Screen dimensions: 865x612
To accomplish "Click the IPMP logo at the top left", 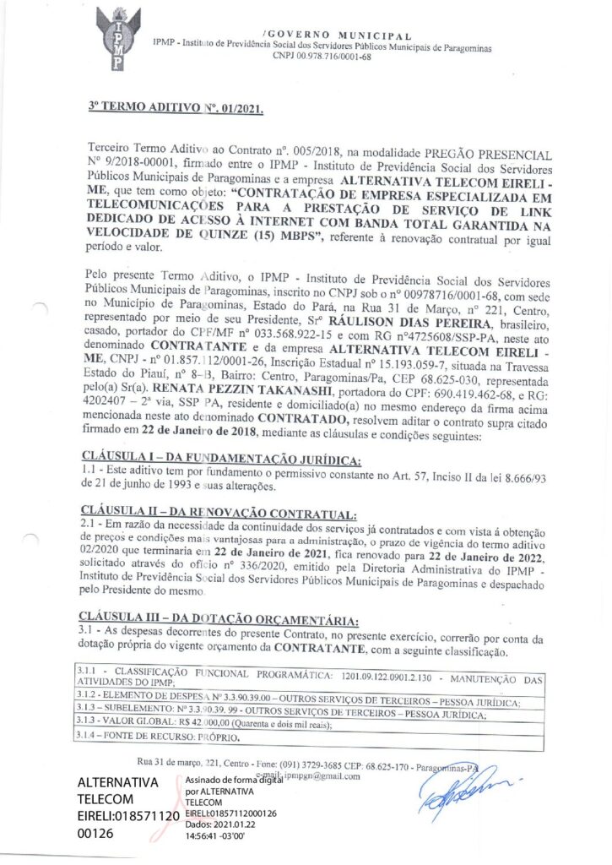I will point(117,39).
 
